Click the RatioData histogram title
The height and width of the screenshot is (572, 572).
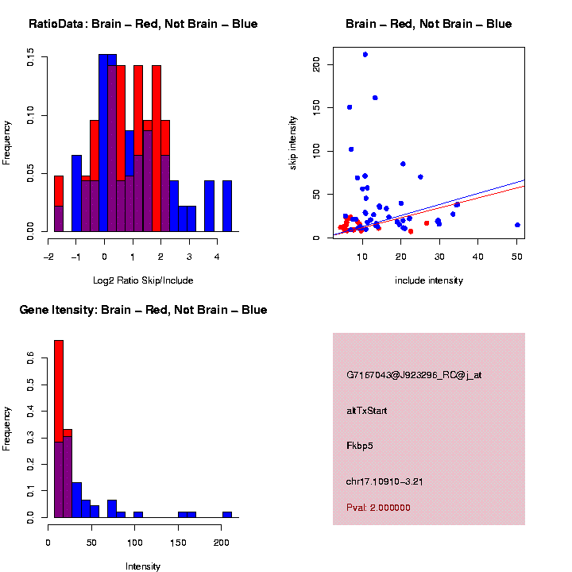[x=143, y=24]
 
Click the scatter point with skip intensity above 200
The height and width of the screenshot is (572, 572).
[x=365, y=54]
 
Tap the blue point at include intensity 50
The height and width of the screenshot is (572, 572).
[x=517, y=225]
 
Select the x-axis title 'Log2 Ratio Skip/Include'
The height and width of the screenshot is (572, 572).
[x=143, y=280]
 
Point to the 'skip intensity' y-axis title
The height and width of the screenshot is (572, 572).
[x=292, y=141]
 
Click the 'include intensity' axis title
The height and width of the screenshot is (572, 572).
[x=429, y=280]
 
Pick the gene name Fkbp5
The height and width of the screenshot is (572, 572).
[x=360, y=446]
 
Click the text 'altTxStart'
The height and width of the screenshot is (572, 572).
[x=367, y=411]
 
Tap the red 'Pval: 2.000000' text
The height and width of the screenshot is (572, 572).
[x=378, y=508]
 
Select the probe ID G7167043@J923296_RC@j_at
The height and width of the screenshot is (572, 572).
[x=414, y=375]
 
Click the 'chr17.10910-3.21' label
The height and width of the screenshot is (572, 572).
[x=385, y=481]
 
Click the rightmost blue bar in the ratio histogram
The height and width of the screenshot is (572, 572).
[x=226, y=207]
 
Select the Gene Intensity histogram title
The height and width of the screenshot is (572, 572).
[x=143, y=310]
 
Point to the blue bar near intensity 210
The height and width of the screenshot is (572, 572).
[x=227, y=515]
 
